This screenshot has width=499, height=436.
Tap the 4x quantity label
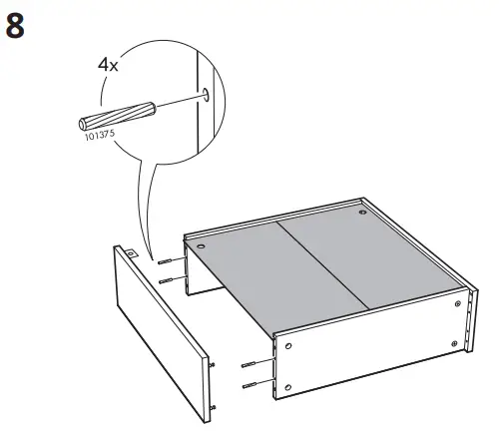(x=107, y=66)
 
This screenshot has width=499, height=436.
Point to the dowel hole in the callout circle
(x=204, y=95)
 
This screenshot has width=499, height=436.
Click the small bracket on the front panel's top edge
(x=130, y=254)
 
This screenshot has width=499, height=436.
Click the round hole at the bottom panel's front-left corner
(x=201, y=244)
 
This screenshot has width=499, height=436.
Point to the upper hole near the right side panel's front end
(x=288, y=345)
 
